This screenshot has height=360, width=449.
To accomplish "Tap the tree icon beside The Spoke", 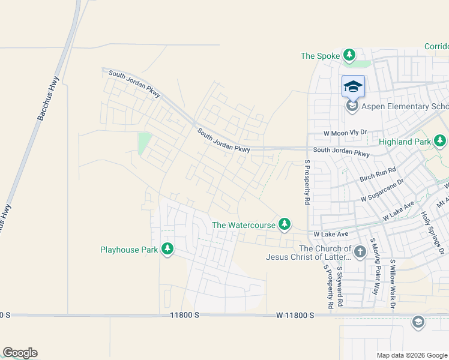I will (349, 56).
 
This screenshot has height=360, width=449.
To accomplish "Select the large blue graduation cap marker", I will (353, 87).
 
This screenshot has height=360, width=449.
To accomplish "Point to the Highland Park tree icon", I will (440, 142).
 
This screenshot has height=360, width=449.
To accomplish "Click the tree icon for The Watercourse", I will (285, 225).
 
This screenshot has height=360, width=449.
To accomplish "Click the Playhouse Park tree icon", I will (167, 248).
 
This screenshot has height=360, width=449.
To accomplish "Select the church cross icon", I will (360, 251).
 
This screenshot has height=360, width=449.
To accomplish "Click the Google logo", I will (20, 353).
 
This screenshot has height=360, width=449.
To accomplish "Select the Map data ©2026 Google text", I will (411, 355).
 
